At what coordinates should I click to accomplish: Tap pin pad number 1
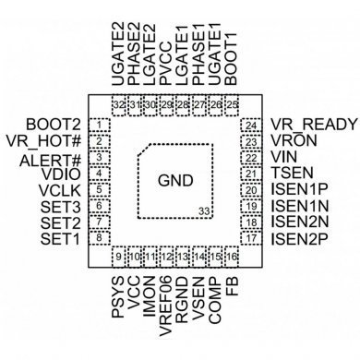(98, 124)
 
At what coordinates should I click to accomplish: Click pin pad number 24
(251, 124)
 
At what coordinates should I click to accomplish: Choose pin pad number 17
(251, 239)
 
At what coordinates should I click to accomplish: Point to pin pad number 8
(98, 239)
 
